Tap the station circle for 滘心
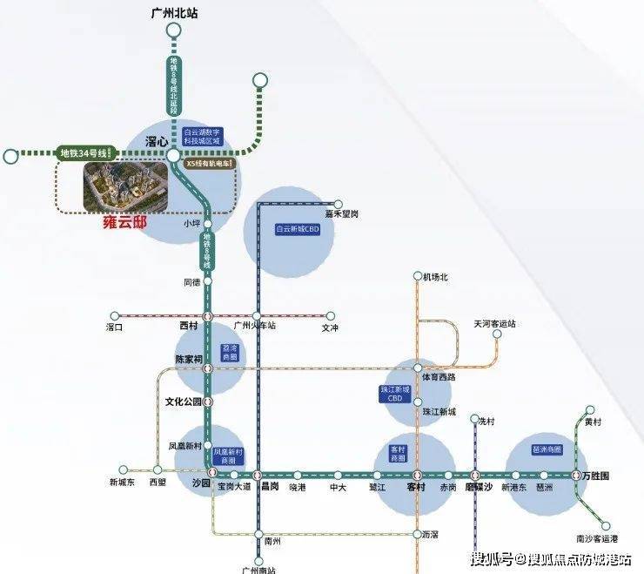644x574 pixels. click(173, 155)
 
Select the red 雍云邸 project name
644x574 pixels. click(118, 222)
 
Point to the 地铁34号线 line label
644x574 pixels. click(83, 153)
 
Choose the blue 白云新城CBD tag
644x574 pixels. click(289, 229)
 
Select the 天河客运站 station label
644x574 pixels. click(494, 323)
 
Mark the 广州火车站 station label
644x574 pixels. click(256, 326)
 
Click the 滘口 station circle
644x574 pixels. click(112, 316)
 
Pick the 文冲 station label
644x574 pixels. click(329, 328)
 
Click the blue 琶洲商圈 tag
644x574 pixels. click(547, 449)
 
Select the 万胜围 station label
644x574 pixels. click(596, 476)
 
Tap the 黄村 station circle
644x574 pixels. click(590, 409)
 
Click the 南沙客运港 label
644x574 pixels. click(596, 538)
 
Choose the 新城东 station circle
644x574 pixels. click(124, 469)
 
